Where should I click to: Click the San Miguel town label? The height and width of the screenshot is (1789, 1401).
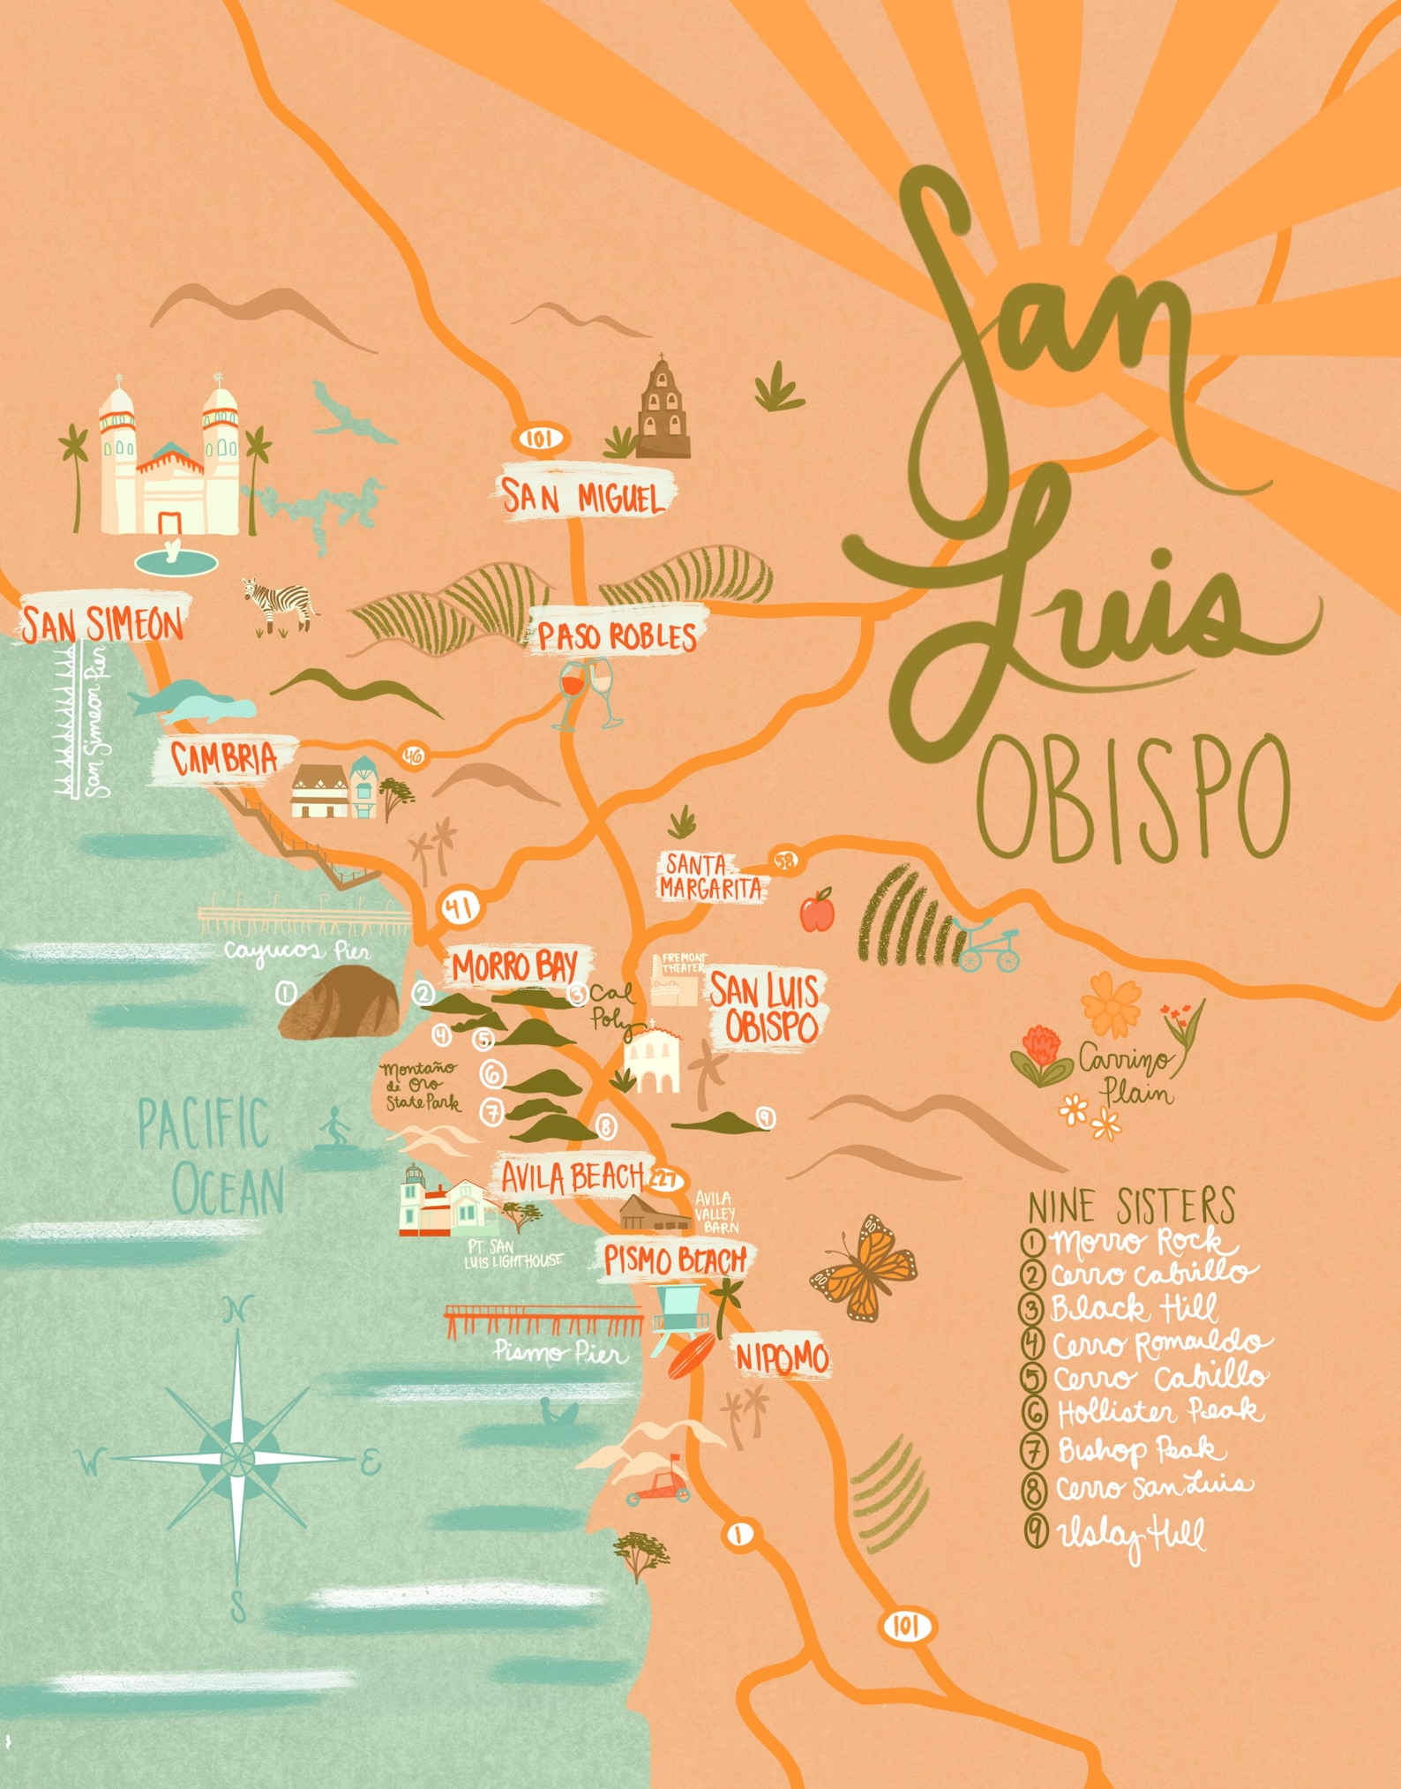click(x=582, y=498)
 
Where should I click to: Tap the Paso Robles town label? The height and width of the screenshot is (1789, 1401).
click(x=618, y=635)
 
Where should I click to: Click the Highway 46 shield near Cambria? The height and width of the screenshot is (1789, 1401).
click(x=413, y=755)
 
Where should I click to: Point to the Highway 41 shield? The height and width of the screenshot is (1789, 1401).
click(x=460, y=906)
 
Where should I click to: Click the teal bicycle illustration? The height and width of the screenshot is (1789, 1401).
click(x=988, y=946)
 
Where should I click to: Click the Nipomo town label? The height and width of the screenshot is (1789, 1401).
click(x=782, y=1357)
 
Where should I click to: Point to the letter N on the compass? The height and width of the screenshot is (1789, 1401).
click(x=236, y=1309)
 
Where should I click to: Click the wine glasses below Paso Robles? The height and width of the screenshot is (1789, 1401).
click(x=586, y=693)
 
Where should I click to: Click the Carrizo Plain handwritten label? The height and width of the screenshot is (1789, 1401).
click(x=1129, y=1077)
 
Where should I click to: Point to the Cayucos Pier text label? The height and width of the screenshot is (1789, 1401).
click(x=296, y=951)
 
